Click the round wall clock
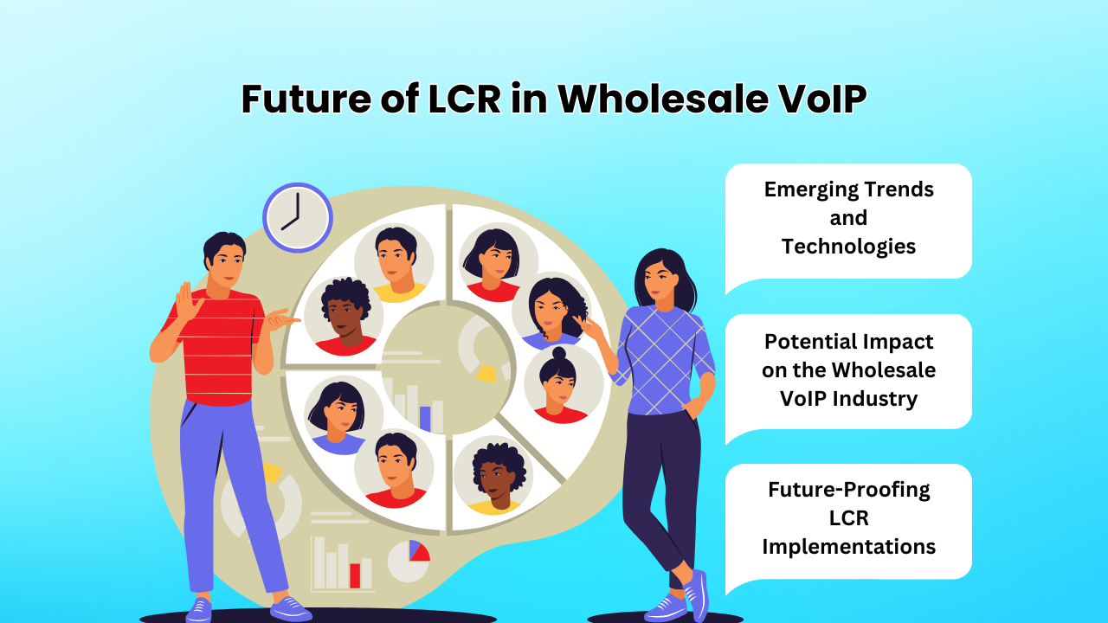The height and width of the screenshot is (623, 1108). (x=297, y=217)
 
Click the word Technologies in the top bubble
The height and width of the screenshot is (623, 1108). (x=848, y=247)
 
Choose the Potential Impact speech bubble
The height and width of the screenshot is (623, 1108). (x=848, y=370)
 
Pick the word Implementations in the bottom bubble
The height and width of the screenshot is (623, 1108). (x=848, y=547)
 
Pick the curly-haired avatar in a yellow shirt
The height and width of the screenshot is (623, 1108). (x=494, y=477)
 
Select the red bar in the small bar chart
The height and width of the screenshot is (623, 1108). (x=355, y=575)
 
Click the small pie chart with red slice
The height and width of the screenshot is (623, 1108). (x=408, y=561)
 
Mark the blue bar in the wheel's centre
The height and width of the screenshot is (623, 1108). (x=425, y=418)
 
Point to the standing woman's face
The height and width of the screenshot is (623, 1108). (x=658, y=278)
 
